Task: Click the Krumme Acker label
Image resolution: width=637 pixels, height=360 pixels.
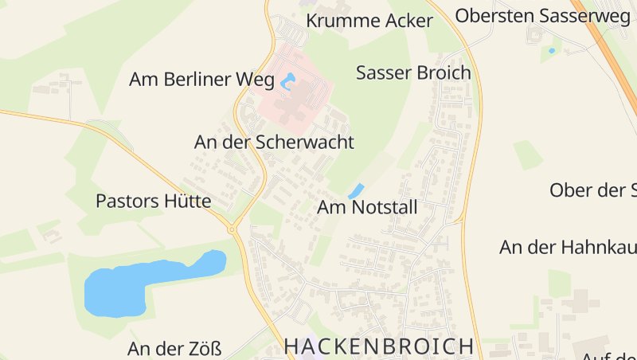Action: click(x=369, y=21)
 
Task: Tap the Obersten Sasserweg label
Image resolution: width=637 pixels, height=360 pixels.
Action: click(x=542, y=15)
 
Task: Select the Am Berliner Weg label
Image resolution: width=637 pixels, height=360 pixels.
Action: click(x=202, y=79)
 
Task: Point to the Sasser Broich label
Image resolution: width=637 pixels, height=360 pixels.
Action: click(x=413, y=73)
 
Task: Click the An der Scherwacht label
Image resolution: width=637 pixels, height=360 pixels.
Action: click(x=274, y=143)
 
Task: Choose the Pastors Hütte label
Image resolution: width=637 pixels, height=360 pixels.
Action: click(x=153, y=201)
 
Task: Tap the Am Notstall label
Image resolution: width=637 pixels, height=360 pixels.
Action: click(x=367, y=208)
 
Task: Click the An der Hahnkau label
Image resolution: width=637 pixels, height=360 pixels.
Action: click(x=568, y=247)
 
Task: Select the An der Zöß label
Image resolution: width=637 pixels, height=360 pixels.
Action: click(x=174, y=349)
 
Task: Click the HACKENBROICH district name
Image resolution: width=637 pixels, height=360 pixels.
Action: click(x=379, y=346)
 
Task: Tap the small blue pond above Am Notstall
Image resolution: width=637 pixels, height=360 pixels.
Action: click(x=356, y=191)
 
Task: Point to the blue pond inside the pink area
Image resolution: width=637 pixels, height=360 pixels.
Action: click(x=287, y=80)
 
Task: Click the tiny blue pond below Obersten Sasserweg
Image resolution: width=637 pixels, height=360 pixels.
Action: click(x=552, y=51)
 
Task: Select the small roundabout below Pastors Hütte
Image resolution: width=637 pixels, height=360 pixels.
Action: click(x=233, y=229)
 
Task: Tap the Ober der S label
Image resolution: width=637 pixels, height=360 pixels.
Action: click(x=593, y=190)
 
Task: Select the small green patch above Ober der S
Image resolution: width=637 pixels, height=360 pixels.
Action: click(x=527, y=154)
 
